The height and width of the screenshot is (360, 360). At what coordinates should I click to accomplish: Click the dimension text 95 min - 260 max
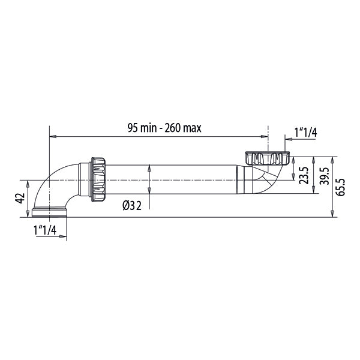click(164, 128)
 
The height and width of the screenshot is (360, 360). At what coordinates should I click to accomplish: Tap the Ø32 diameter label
click(132, 205)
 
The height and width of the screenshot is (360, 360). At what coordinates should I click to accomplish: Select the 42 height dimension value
click(20, 198)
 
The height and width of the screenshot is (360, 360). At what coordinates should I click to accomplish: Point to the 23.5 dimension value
click(304, 175)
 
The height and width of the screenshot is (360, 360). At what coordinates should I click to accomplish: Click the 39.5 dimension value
click(325, 176)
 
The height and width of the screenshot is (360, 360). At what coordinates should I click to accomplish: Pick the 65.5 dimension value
click(340, 187)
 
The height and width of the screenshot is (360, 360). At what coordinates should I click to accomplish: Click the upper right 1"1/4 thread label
click(306, 133)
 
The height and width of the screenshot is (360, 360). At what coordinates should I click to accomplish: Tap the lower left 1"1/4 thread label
click(45, 230)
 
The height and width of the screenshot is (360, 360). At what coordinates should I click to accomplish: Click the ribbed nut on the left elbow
click(98, 179)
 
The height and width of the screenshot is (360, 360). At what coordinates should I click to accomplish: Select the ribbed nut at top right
click(268, 158)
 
